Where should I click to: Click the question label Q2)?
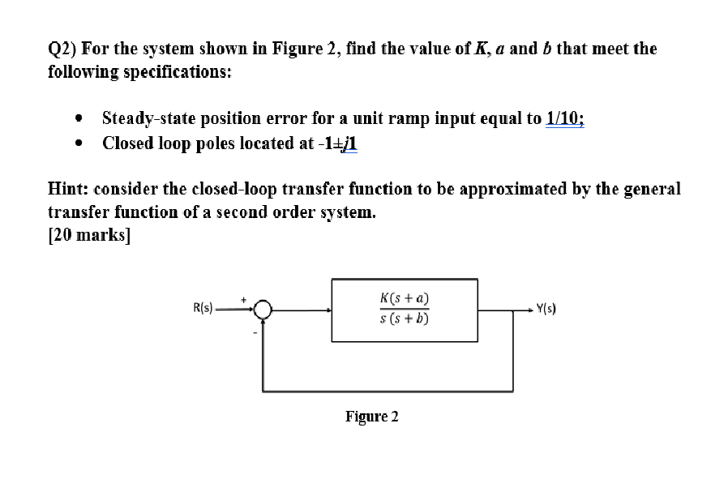(64, 49)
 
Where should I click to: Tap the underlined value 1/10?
(565, 118)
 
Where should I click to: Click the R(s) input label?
(203, 308)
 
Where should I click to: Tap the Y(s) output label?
(546, 309)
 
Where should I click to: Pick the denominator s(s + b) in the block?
(405, 319)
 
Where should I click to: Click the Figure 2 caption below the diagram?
(372, 417)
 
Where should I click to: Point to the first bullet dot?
(79, 118)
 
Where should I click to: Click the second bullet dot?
(79, 144)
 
